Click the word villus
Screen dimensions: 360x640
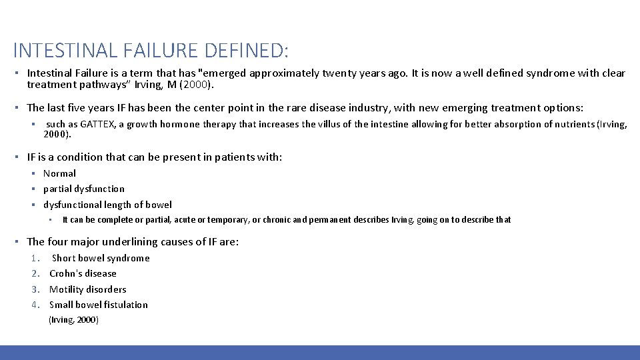click(x=343, y=124)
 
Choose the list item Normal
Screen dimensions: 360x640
click(x=60, y=173)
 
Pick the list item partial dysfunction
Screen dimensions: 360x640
click(x=84, y=189)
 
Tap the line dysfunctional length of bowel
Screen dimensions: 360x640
click(x=107, y=205)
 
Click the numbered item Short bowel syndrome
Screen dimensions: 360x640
click(x=101, y=258)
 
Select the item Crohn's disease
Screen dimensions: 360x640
click(x=83, y=273)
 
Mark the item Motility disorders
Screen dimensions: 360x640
click(x=87, y=289)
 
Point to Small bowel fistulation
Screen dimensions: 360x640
click(x=99, y=305)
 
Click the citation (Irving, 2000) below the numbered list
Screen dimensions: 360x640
click(x=74, y=320)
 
